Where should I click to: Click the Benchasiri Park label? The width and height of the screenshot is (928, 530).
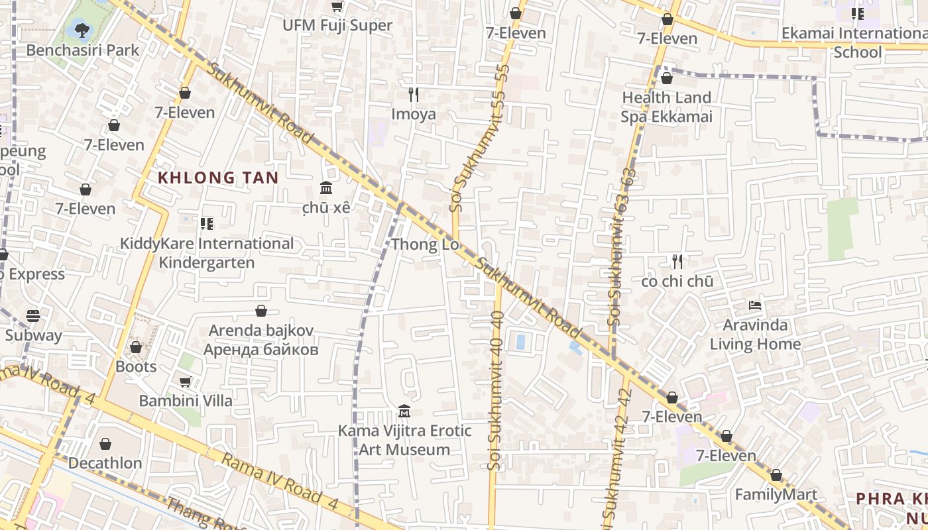[x=83, y=50]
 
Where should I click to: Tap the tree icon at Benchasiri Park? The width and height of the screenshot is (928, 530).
[x=82, y=30]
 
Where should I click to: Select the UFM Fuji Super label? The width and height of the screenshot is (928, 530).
[x=337, y=26]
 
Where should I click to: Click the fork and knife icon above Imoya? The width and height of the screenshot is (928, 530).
[x=414, y=95]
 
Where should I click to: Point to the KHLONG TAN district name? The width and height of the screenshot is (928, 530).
[x=218, y=178]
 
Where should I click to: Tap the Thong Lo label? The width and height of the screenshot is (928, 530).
[x=425, y=244]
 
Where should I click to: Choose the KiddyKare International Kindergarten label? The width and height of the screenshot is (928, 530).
[x=207, y=253]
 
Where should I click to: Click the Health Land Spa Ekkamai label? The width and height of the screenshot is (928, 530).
[x=666, y=107]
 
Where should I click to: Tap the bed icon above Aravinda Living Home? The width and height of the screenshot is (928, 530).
[x=755, y=305]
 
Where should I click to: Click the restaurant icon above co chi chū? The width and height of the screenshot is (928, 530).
[x=677, y=262]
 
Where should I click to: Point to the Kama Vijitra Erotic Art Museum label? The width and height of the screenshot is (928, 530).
[x=404, y=440]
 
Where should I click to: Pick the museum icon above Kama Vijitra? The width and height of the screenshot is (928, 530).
[x=404, y=411]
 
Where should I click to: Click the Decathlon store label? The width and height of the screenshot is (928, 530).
[x=105, y=463]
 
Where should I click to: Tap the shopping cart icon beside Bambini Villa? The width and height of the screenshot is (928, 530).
[x=186, y=382]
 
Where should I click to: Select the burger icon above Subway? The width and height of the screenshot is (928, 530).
[x=33, y=316]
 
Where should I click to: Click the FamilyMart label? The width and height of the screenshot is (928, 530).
[x=776, y=495]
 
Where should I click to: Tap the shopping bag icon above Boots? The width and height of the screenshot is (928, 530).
[x=136, y=347]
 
